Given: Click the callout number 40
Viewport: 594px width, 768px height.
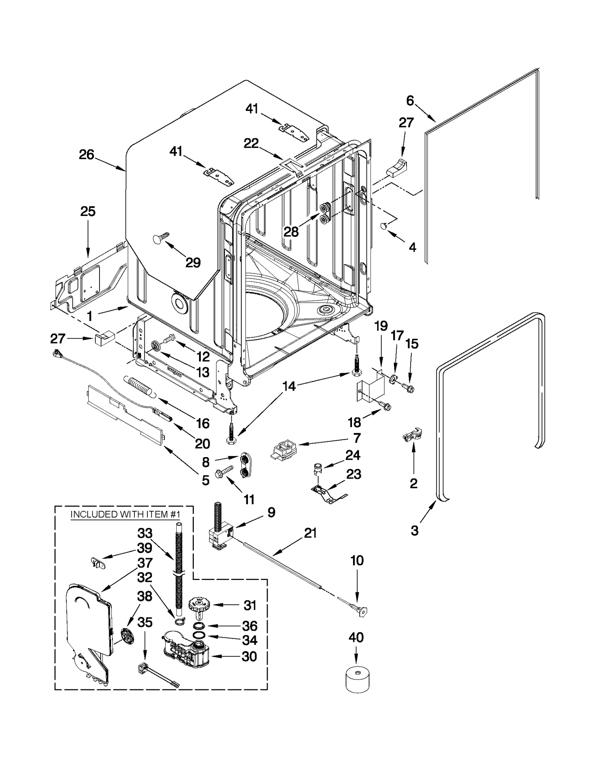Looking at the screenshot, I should tap(356, 637).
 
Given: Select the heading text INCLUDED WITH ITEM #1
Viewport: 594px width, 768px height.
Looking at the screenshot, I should tap(125, 514).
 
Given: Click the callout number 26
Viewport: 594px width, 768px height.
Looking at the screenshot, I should tap(87, 154).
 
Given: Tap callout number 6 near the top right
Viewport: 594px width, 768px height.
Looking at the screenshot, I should tap(410, 101).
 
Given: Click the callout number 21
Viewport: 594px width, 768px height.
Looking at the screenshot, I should tap(310, 533).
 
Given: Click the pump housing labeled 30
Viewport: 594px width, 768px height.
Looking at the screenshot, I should tap(186, 654).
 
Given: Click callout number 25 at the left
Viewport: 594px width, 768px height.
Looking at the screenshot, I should tap(88, 211).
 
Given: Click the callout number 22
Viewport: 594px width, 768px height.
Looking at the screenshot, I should tap(251, 143).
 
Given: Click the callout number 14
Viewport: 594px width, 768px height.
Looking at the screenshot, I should tap(289, 386).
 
